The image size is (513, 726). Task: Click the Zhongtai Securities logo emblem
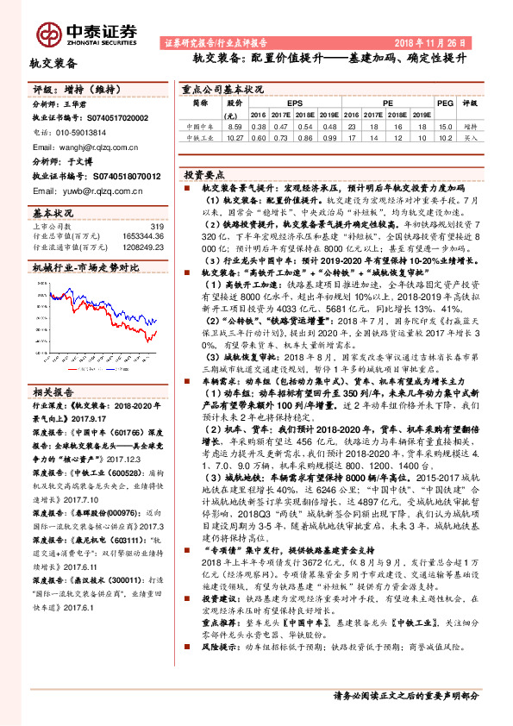pos(46,32)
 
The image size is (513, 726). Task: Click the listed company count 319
pos(157,226)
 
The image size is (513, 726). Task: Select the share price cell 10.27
pos(234,136)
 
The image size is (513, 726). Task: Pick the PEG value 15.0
pos(445,126)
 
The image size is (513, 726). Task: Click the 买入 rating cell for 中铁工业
pos(470,136)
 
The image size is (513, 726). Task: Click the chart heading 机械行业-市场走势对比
pos(85,268)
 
